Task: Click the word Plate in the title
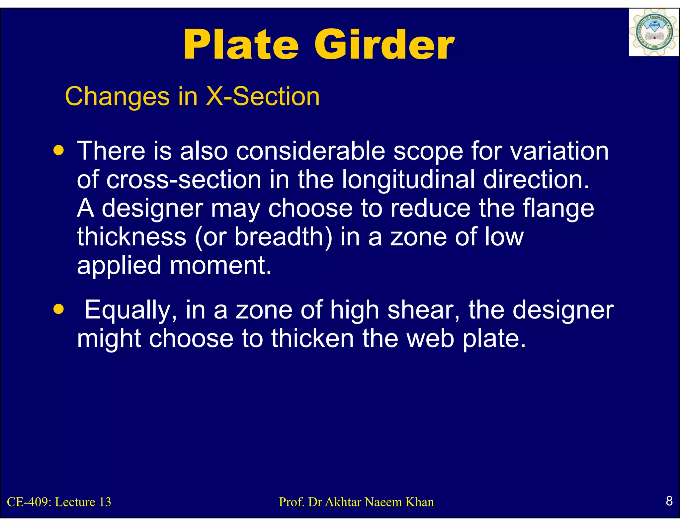[x=241, y=45]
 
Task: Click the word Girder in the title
[x=384, y=45]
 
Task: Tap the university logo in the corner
[x=653, y=33]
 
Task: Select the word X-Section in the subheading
[x=263, y=96]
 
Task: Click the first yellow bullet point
[x=59, y=151]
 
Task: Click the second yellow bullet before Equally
[x=59, y=310]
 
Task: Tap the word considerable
[x=310, y=151]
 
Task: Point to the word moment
[x=220, y=265]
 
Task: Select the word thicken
[x=312, y=338]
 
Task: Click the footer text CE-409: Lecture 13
[x=59, y=502]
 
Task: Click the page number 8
[x=669, y=501]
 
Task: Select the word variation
[x=559, y=151]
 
